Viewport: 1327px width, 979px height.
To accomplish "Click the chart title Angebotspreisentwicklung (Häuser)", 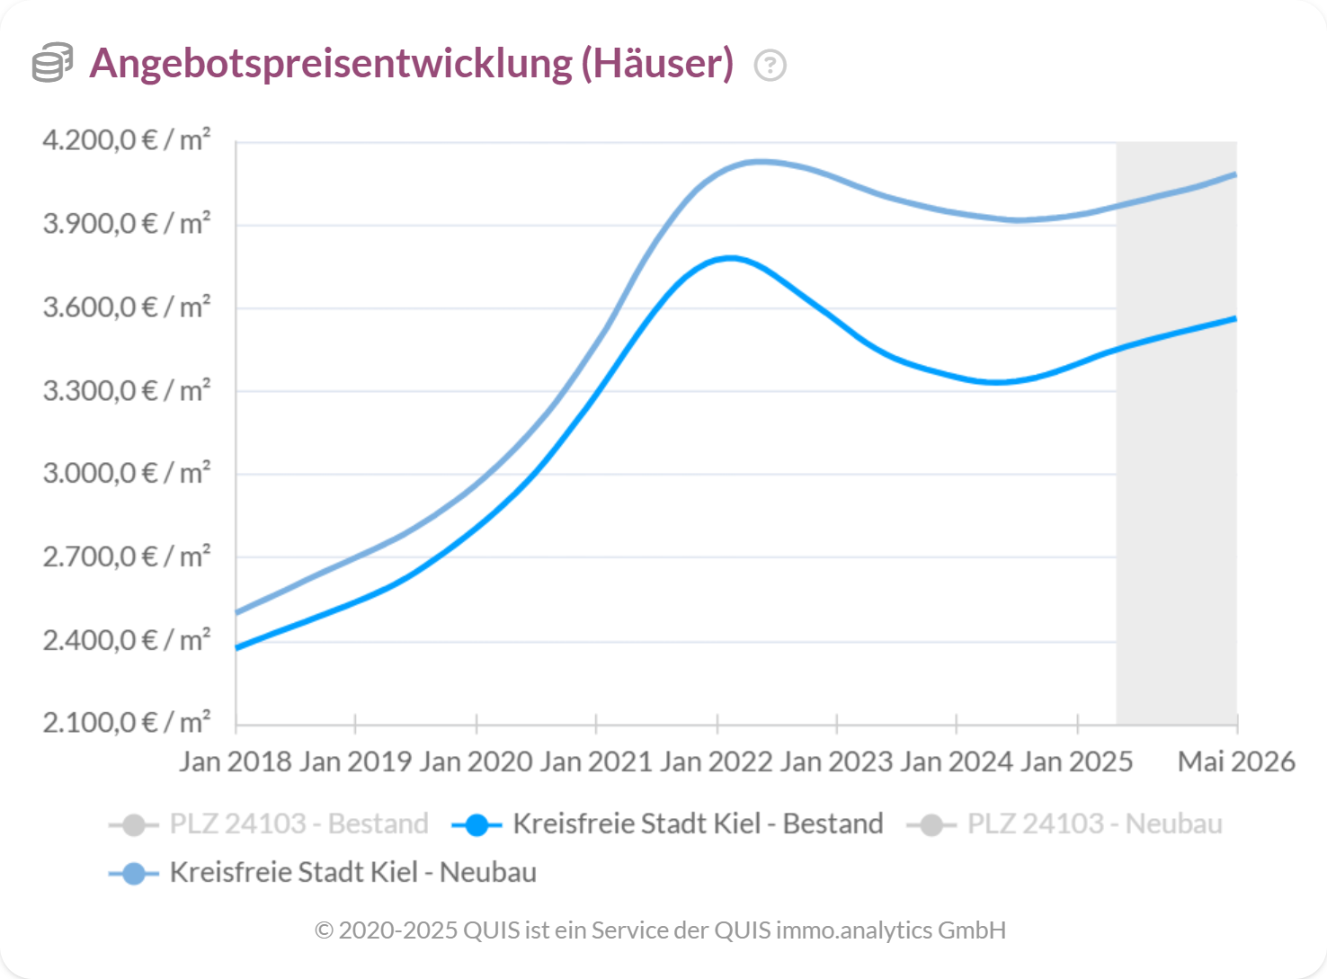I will (x=411, y=64).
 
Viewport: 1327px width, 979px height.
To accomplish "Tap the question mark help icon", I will (x=770, y=66).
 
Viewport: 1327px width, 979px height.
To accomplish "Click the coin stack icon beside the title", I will (x=52, y=63).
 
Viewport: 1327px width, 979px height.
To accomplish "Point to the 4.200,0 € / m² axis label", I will (x=127, y=140).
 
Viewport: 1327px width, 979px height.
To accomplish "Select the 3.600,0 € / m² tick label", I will (x=127, y=307).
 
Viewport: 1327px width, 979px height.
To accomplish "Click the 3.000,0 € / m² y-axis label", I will (x=127, y=473).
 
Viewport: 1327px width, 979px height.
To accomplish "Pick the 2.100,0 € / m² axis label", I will (x=127, y=722).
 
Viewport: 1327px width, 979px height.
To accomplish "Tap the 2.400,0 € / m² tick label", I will (x=127, y=640).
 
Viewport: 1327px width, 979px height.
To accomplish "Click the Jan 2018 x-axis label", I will (x=236, y=761).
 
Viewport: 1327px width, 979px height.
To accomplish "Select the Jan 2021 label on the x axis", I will (x=595, y=761).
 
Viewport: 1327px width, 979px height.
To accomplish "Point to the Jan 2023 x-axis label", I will (x=836, y=761).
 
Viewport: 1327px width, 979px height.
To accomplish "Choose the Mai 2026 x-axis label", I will (x=1236, y=761).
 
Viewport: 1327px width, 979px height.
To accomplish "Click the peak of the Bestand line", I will (x=729, y=258).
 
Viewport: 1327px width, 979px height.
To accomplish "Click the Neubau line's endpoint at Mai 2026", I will (x=1236, y=174).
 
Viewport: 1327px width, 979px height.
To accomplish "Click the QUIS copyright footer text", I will (x=661, y=930).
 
